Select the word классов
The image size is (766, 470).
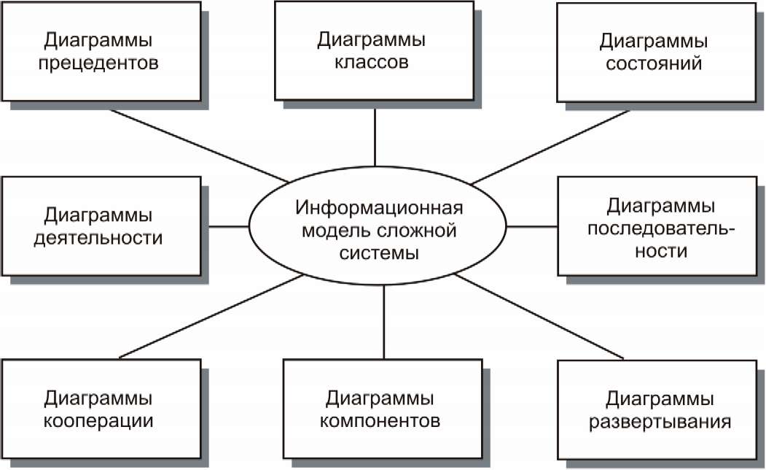[371, 63]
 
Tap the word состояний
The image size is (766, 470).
[654, 64]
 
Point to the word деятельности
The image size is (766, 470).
[98, 239]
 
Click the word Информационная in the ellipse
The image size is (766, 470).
[379, 207]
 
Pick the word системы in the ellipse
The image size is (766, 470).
[379, 253]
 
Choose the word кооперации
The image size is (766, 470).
[98, 422]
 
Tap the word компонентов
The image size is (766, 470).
[380, 420]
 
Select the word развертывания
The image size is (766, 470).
[660, 422]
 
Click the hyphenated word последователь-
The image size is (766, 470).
[661, 228]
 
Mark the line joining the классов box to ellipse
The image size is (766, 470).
[375, 137]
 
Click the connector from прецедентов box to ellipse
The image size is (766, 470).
[199, 146]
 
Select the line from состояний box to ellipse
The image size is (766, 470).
[551, 147]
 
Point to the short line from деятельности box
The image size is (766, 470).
[229, 226]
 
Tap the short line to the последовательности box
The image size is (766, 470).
[532, 227]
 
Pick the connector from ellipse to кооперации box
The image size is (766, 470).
[211, 316]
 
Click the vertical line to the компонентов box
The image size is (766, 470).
[384, 322]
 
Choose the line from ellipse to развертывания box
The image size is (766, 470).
[539, 317]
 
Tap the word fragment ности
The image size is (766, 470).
[661, 251]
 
